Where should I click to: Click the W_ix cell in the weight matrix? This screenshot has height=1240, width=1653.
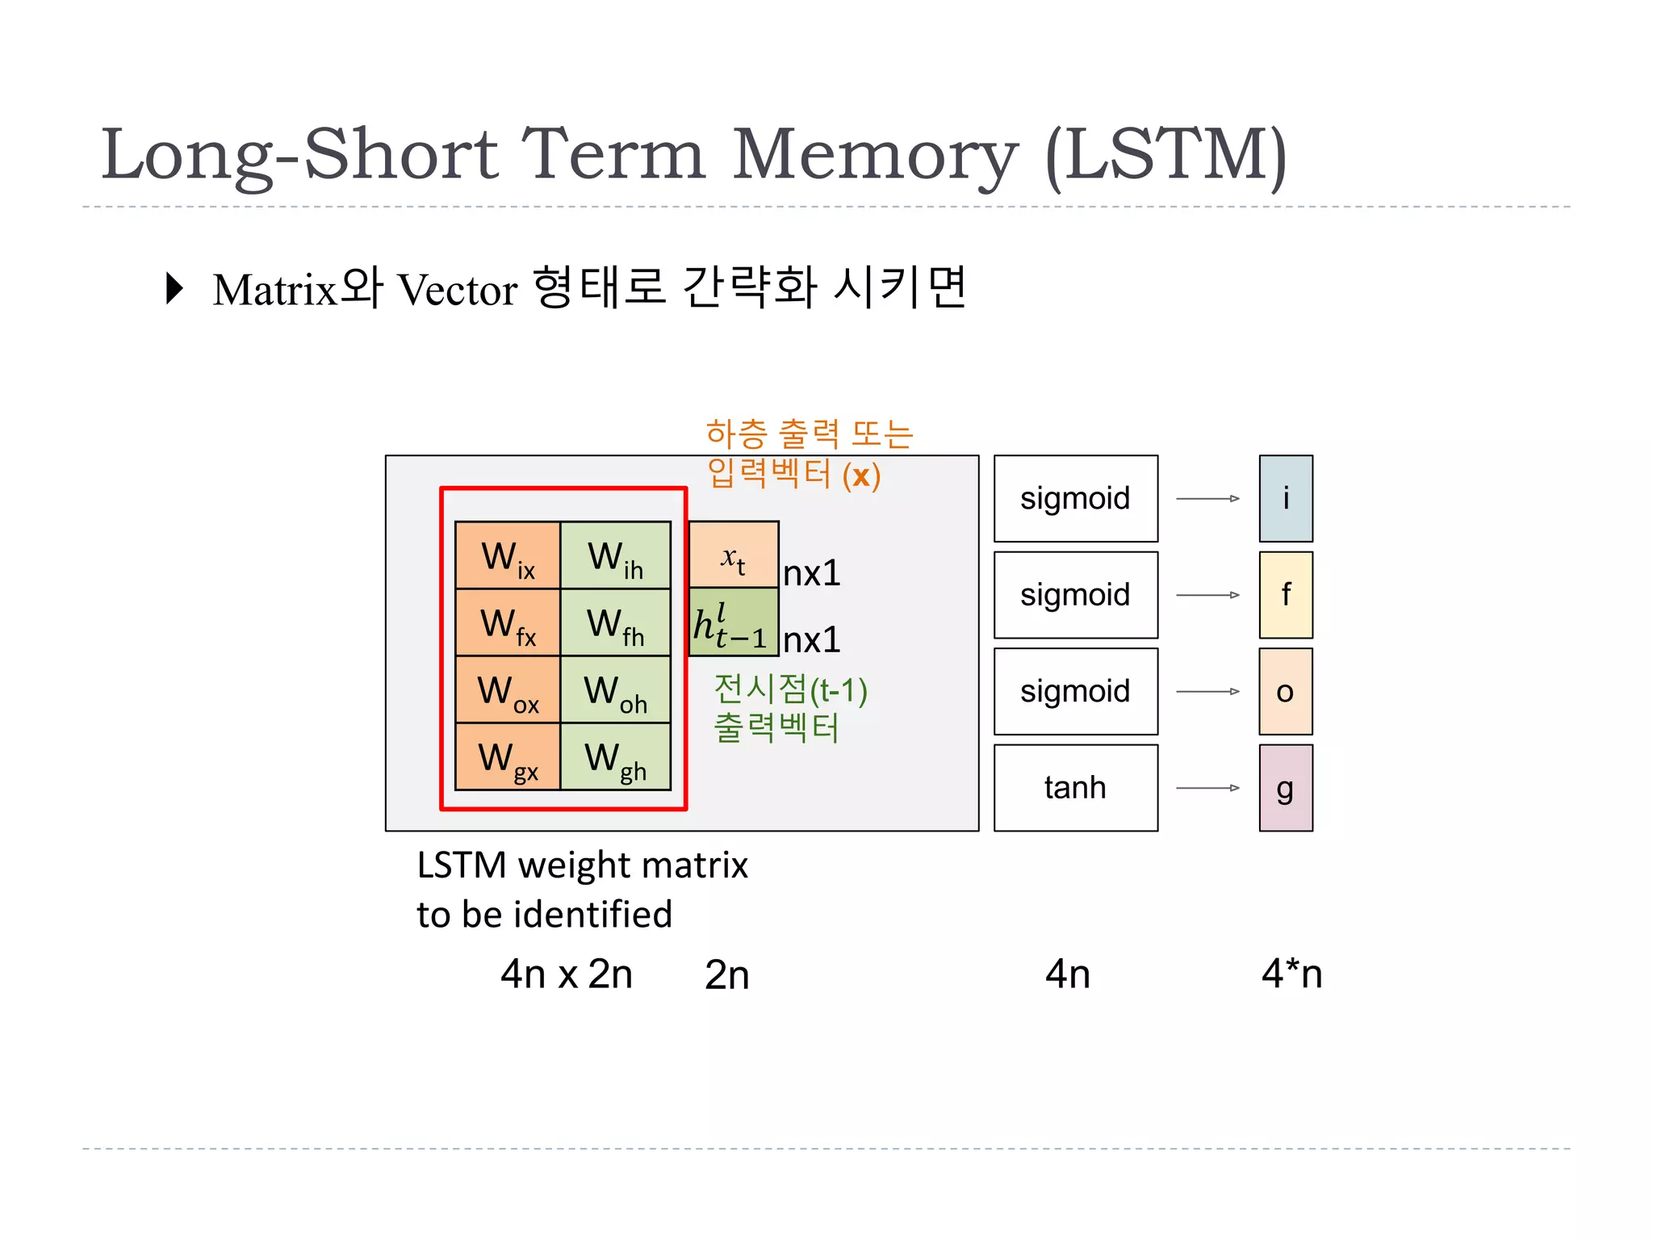point(508,556)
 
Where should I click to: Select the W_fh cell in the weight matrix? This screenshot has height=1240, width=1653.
point(615,623)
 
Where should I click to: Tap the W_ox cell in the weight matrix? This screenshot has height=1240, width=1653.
point(508,690)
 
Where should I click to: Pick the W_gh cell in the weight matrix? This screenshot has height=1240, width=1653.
point(615,757)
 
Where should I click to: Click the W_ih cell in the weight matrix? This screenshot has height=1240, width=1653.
point(615,556)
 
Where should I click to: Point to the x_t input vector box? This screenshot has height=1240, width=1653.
point(733,555)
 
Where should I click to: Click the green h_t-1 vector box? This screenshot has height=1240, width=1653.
point(733,622)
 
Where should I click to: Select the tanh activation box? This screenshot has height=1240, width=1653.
point(1075,788)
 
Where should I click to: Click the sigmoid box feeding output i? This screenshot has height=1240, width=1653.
point(1075,499)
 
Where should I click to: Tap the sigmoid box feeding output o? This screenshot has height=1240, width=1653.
point(1075,692)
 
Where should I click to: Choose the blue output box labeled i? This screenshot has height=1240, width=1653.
point(1285,499)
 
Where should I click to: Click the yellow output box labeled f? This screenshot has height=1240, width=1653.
point(1285,595)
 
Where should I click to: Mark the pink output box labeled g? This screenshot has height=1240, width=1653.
point(1285,788)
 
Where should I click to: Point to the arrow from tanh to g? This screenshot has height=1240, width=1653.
point(1207,788)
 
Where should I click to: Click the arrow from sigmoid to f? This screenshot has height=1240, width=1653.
point(1207,595)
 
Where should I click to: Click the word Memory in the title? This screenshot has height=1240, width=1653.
point(875,155)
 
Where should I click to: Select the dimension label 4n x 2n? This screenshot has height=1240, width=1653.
point(566,974)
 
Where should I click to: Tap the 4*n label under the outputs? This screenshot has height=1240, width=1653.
point(1291,974)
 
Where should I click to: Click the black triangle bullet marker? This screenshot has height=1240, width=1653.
point(174,288)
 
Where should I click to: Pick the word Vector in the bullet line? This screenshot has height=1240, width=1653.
point(458,290)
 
